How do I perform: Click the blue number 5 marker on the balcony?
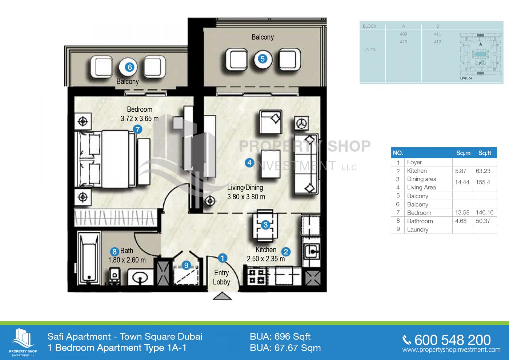point(262,59)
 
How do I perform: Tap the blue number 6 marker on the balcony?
point(130,67)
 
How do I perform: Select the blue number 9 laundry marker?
point(186,265)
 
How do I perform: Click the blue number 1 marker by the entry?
point(222,258)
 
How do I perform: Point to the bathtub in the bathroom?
point(89,258)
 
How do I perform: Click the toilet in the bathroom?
point(115,276)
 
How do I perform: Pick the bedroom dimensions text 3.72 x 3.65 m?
point(140,119)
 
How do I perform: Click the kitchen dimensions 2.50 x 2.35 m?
point(266,259)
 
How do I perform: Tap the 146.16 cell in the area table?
point(485,213)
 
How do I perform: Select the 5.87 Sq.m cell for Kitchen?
point(461,171)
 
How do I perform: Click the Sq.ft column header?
point(485,153)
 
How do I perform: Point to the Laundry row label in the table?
point(418,230)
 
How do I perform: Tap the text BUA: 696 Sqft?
point(280,337)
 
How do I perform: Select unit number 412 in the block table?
point(437,42)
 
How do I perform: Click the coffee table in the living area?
point(270,164)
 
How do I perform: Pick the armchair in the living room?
point(271,122)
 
